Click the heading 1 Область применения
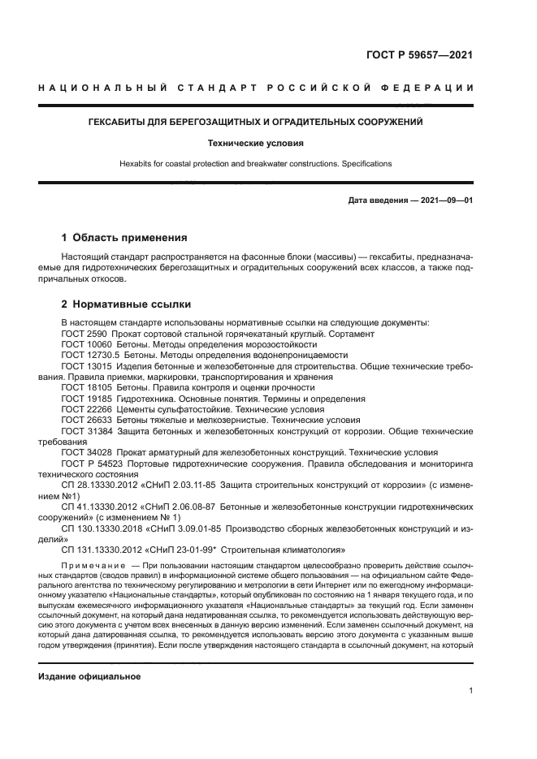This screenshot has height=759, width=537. [x=124, y=239]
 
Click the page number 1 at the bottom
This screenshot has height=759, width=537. [x=470, y=691]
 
